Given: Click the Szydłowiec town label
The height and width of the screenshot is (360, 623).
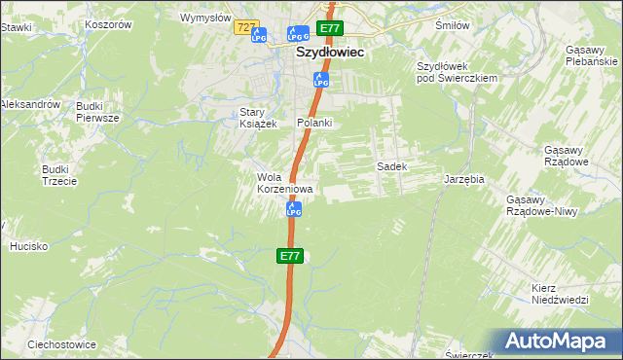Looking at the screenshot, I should [x=330, y=54].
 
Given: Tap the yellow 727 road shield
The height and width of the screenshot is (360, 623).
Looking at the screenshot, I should [x=246, y=29].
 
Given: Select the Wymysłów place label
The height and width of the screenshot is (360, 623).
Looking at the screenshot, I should [x=205, y=18].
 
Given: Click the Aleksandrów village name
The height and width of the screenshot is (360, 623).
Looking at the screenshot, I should [x=30, y=104].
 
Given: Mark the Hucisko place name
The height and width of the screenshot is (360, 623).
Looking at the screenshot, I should [x=28, y=246].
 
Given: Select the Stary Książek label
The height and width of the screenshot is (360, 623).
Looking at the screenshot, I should [x=259, y=118].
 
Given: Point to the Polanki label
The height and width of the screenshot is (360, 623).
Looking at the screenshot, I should [x=315, y=123].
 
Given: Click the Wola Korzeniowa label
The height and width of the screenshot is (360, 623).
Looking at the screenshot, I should [x=284, y=183].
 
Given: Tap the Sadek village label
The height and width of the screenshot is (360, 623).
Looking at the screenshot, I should [x=391, y=166].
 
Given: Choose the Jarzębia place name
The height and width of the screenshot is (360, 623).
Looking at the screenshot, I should [x=464, y=181].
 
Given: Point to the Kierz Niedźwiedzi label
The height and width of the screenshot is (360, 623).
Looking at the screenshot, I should [x=561, y=294].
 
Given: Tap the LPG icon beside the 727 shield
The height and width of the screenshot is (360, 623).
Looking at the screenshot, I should [x=259, y=37].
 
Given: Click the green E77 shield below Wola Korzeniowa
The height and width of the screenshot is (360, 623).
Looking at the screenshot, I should [x=291, y=256].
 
